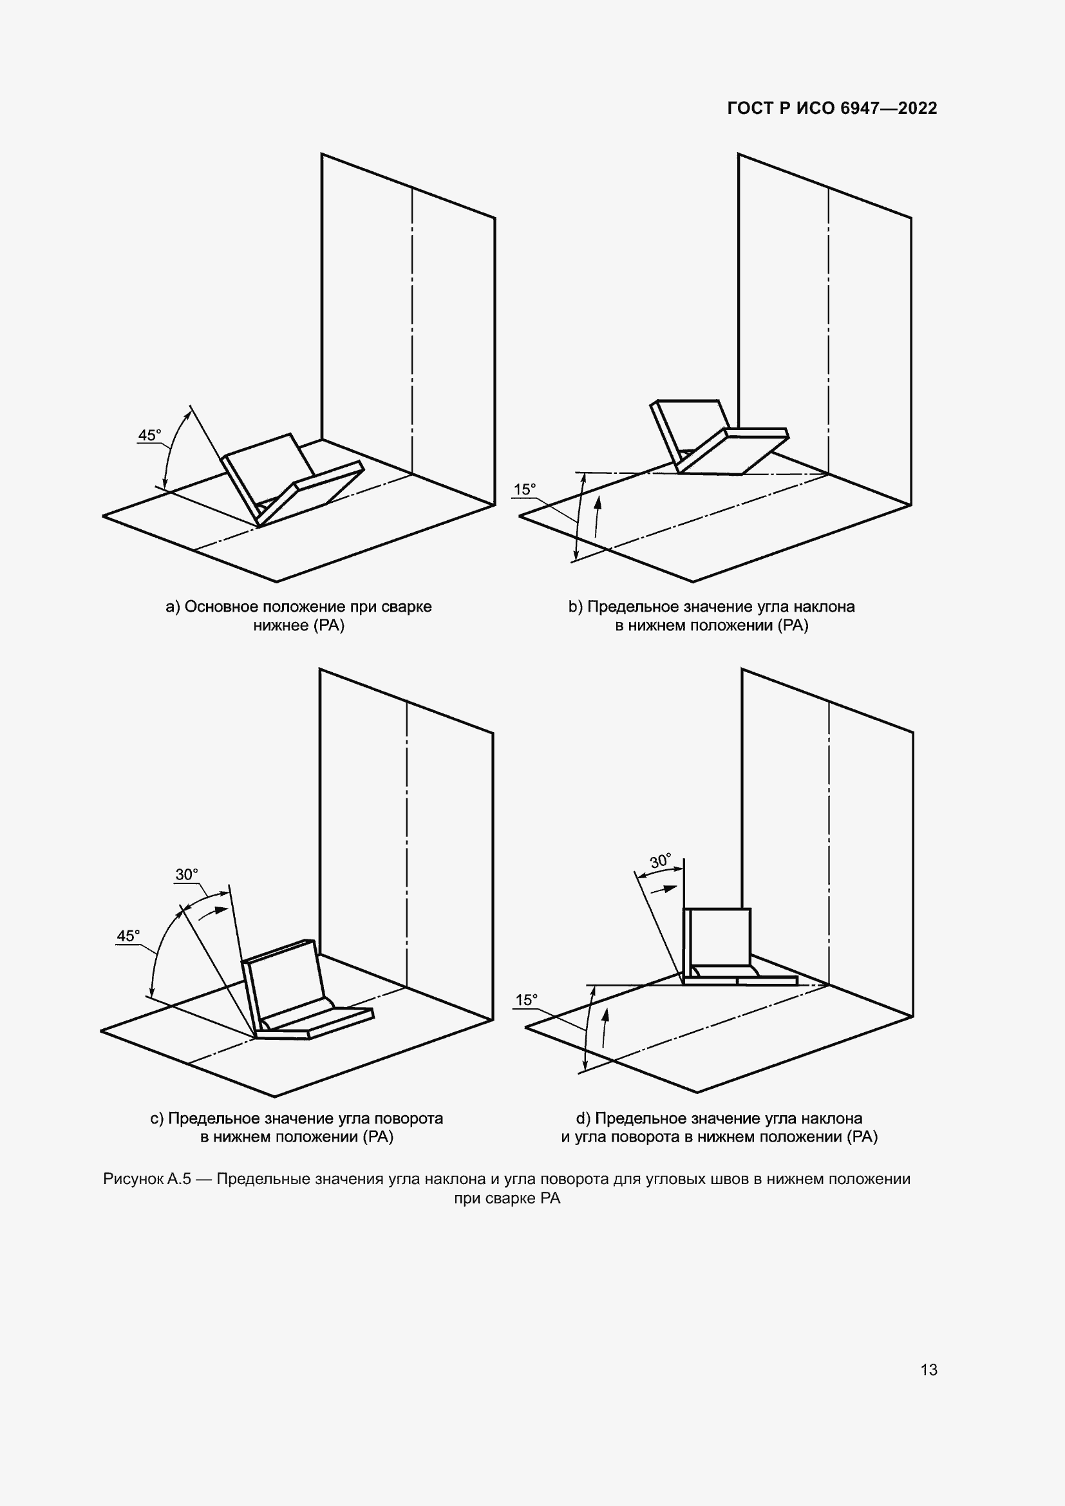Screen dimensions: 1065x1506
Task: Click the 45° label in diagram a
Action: coord(149,435)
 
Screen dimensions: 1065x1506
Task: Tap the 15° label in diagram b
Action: coord(525,489)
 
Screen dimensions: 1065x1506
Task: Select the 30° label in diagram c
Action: coord(187,874)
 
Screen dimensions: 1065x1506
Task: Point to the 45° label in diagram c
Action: coord(129,936)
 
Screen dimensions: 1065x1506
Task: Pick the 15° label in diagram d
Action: coord(527,1000)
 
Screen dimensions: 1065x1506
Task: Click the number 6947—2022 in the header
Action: coord(889,108)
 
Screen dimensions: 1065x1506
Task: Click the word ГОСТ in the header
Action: coord(750,108)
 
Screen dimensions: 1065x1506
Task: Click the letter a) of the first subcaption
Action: coord(173,607)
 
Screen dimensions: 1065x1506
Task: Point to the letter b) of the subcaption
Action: coord(576,607)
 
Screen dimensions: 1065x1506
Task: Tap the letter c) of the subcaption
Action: coord(156,1118)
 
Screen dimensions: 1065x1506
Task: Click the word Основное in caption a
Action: coord(221,607)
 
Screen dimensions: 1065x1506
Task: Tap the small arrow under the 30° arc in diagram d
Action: coord(664,889)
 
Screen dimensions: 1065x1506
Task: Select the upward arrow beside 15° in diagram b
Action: coord(598,518)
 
